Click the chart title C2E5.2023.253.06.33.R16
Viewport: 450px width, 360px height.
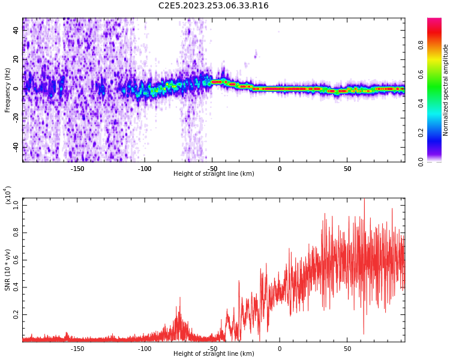coord(214,5)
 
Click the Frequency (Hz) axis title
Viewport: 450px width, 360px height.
coord(8,90)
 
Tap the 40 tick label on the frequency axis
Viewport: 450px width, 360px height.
coord(16,31)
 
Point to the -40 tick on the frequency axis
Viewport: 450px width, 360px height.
coord(16,147)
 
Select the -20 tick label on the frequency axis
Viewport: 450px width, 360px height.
coord(16,118)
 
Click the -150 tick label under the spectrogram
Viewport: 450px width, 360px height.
coord(77,168)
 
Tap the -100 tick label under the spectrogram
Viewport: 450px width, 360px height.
coord(145,168)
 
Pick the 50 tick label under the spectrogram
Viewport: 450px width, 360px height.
coord(347,168)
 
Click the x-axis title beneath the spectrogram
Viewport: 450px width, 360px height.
coord(214,174)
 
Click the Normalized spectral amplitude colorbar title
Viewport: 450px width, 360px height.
coord(446,90)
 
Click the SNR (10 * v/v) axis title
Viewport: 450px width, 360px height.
coord(8,270)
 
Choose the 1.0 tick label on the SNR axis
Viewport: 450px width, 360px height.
coord(16,205)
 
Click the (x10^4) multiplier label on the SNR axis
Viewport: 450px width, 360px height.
coord(8,196)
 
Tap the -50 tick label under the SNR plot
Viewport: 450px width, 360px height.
coord(212,348)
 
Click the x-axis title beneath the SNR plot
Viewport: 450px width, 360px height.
coord(214,354)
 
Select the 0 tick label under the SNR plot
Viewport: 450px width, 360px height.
coord(280,348)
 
